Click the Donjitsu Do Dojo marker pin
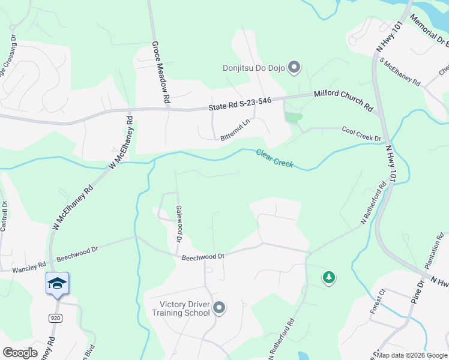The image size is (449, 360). (x=294, y=67)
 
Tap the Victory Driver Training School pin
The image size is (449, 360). (x=219, y=308)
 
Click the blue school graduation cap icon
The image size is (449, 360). (x=57, y=283)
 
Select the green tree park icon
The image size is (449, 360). (x=328, y=277)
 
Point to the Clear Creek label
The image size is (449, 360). (x=275, y=158)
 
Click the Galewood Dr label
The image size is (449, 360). (x=178, y=223)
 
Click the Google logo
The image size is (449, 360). (x=20, y=353)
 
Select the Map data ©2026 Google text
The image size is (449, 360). (x=411, y=355)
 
